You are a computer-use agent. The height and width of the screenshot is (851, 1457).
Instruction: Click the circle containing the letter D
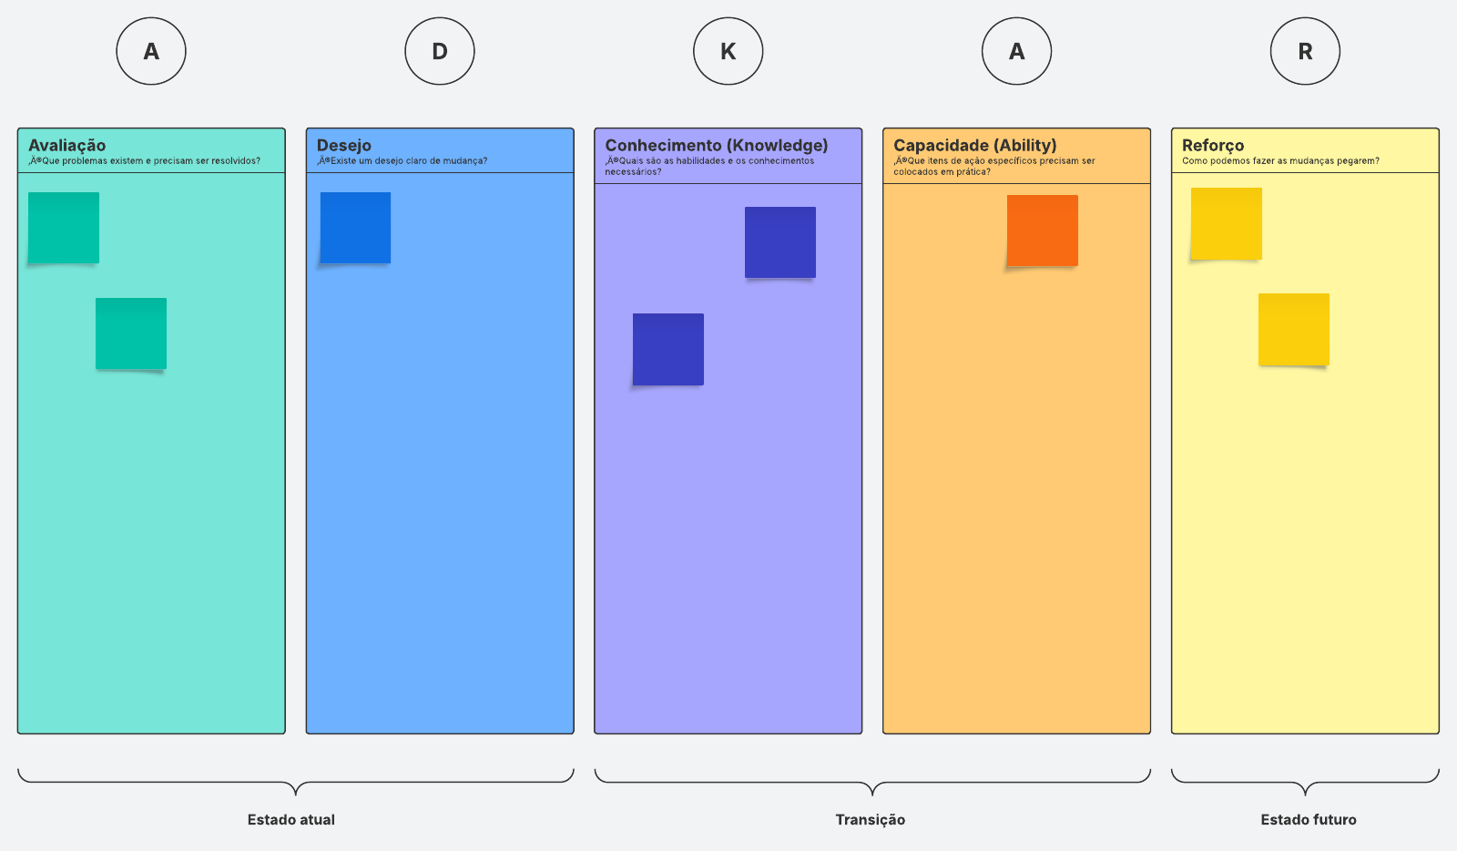[x=440, y=51]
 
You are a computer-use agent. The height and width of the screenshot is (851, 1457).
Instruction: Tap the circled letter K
[x=728, y=51]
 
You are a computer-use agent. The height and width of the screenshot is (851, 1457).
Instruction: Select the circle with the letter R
[x=1305, y=51]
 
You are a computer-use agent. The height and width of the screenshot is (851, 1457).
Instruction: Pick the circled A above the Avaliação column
[x=151, y=51]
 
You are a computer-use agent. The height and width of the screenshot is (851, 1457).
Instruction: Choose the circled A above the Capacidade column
[x=1016, y=51]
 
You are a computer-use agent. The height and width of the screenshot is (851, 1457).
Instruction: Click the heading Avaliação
[x=67, y=145]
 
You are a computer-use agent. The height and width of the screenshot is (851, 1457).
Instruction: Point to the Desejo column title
[x=344, y=145]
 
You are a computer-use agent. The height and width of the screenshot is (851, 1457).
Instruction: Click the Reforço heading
[x=1213, y=145]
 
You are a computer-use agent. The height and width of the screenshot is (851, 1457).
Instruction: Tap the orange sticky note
[x=1042, y=231]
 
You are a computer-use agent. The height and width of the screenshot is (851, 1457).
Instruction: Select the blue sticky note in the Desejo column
[x=355, y=228]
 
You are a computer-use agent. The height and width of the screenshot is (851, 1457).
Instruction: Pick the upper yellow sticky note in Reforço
[x=1226, y=224]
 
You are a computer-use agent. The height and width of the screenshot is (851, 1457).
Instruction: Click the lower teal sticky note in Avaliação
[x=131, y=333]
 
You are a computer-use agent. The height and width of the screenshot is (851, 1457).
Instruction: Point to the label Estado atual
[x=290, y=820]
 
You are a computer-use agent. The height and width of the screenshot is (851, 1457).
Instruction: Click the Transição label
[x=871, y=820]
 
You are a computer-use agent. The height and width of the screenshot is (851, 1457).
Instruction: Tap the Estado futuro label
[x=1309, y=820]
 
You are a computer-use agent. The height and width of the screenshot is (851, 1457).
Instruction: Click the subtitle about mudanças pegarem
[x=1280, y=160]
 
